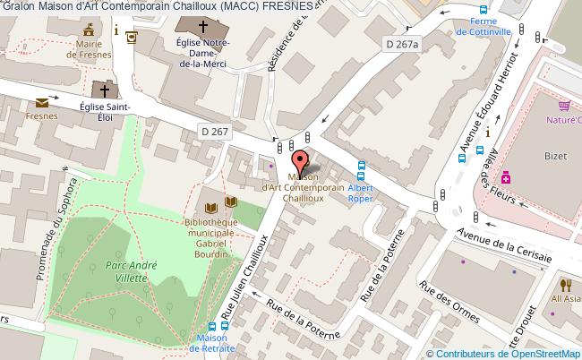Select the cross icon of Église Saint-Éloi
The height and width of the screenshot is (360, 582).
[106, 90]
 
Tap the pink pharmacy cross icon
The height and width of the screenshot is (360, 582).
[505, 176]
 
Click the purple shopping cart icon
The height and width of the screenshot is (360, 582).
[564, 103]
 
